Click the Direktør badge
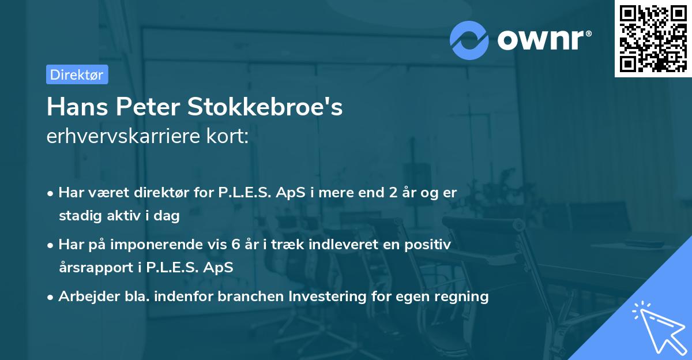77,74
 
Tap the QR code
653,38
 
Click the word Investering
327,297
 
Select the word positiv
428,245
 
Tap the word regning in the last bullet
462,297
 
